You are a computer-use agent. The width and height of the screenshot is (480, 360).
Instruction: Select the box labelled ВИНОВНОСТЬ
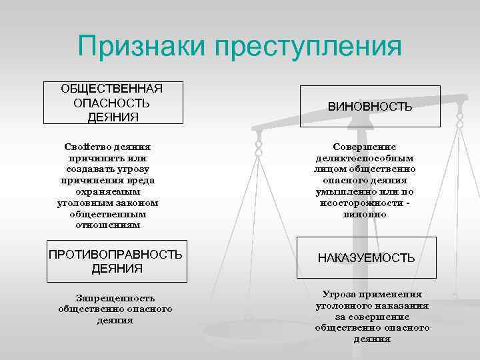click(x=369, y=106)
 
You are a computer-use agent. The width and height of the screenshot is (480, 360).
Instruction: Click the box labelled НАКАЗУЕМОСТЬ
click(x=366, y=257)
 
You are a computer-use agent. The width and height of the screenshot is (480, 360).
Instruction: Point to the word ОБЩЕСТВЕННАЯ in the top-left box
click(x=112, y=89)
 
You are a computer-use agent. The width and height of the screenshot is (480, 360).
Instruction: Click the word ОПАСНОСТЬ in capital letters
click(x=111, y=103)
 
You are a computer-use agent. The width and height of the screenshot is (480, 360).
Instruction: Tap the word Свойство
click(x=88, y=147)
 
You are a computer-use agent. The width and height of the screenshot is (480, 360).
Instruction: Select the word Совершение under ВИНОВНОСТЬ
click(x=364, y=147)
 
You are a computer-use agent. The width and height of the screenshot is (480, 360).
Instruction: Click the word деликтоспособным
click(x=364, y=158)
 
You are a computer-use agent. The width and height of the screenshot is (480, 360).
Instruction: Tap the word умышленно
click(x=343, y=191)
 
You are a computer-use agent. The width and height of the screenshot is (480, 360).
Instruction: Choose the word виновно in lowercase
click(x=364, y=214)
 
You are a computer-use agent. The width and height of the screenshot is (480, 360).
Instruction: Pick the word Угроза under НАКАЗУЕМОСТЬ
click(x=340, y=294)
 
